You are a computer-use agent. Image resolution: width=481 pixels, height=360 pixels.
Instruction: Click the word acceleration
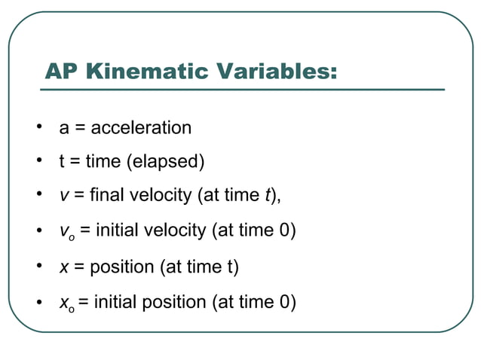(x=141, y=128)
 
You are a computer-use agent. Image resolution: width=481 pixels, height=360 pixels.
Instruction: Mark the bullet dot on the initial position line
(x=37, y=302)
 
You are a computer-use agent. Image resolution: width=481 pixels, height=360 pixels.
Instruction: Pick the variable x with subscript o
(x=66, y=304)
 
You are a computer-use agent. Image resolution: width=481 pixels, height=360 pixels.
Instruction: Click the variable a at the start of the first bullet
(x=64, y=129)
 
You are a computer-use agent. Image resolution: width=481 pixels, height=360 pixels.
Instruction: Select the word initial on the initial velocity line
(x=115, y=230)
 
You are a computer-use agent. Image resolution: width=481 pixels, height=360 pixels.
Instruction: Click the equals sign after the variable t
(x=75, y=162)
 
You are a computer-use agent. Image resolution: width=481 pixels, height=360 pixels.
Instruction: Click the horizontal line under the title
(x=241, y=90)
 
